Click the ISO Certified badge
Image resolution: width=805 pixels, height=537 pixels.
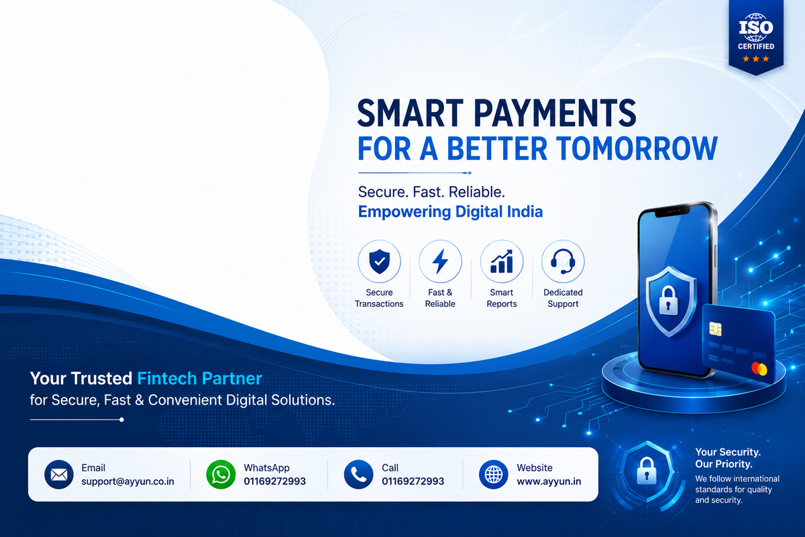[x=756, y=37]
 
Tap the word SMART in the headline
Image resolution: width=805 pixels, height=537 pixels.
[x=410, y=113]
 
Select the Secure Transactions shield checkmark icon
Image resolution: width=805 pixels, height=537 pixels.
[x=379, y=261]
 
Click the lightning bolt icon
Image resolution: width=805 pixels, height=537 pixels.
[x=440, y=261]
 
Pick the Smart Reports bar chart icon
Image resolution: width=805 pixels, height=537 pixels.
[x=502, y=261]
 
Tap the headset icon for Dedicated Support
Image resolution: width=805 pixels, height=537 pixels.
[x=563, y=261]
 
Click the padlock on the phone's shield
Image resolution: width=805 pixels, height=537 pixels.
[x=668, y=301]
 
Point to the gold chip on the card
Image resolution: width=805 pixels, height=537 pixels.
[x=716, y=329]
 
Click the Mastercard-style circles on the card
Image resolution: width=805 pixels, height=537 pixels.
[x=759, y=369]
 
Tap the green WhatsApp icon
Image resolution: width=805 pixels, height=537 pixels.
[x=221, y=475]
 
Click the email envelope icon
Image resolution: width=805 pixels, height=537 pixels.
[x=59, y=475]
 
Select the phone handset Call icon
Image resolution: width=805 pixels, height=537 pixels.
[x=358, y=475]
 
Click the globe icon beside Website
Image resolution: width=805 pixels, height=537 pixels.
[x=494, y=475]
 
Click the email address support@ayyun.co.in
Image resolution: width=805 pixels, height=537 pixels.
[x=127, y=481]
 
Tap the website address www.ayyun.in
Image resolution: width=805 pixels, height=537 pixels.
[x=549, y=481]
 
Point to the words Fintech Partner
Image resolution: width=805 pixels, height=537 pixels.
[x=199, y=379]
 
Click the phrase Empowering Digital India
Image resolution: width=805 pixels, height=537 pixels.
[x=450, y=211]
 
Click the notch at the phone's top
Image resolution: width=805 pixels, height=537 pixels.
[x=672, y=212]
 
